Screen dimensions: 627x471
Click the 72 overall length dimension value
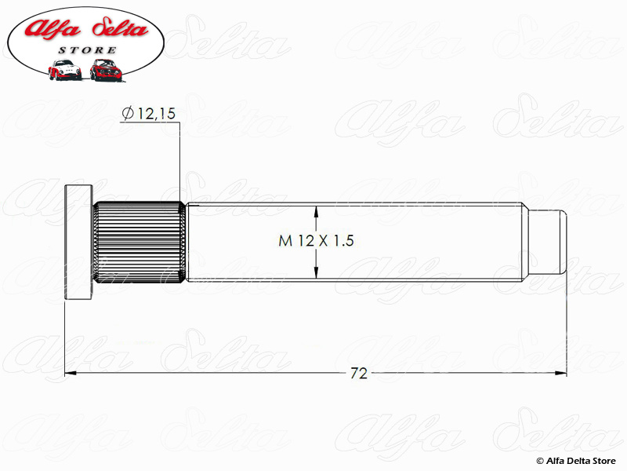359,374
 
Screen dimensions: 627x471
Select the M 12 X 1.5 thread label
316,241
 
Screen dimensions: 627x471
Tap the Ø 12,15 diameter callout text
149,114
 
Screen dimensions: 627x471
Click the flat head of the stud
79,242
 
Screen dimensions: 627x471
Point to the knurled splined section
140,242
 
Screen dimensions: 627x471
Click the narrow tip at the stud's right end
546,242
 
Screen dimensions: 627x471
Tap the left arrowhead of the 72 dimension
71,374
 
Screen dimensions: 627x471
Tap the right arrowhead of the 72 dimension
560,374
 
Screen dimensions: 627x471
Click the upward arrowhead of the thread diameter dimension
317,212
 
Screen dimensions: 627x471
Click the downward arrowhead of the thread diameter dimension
317,271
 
